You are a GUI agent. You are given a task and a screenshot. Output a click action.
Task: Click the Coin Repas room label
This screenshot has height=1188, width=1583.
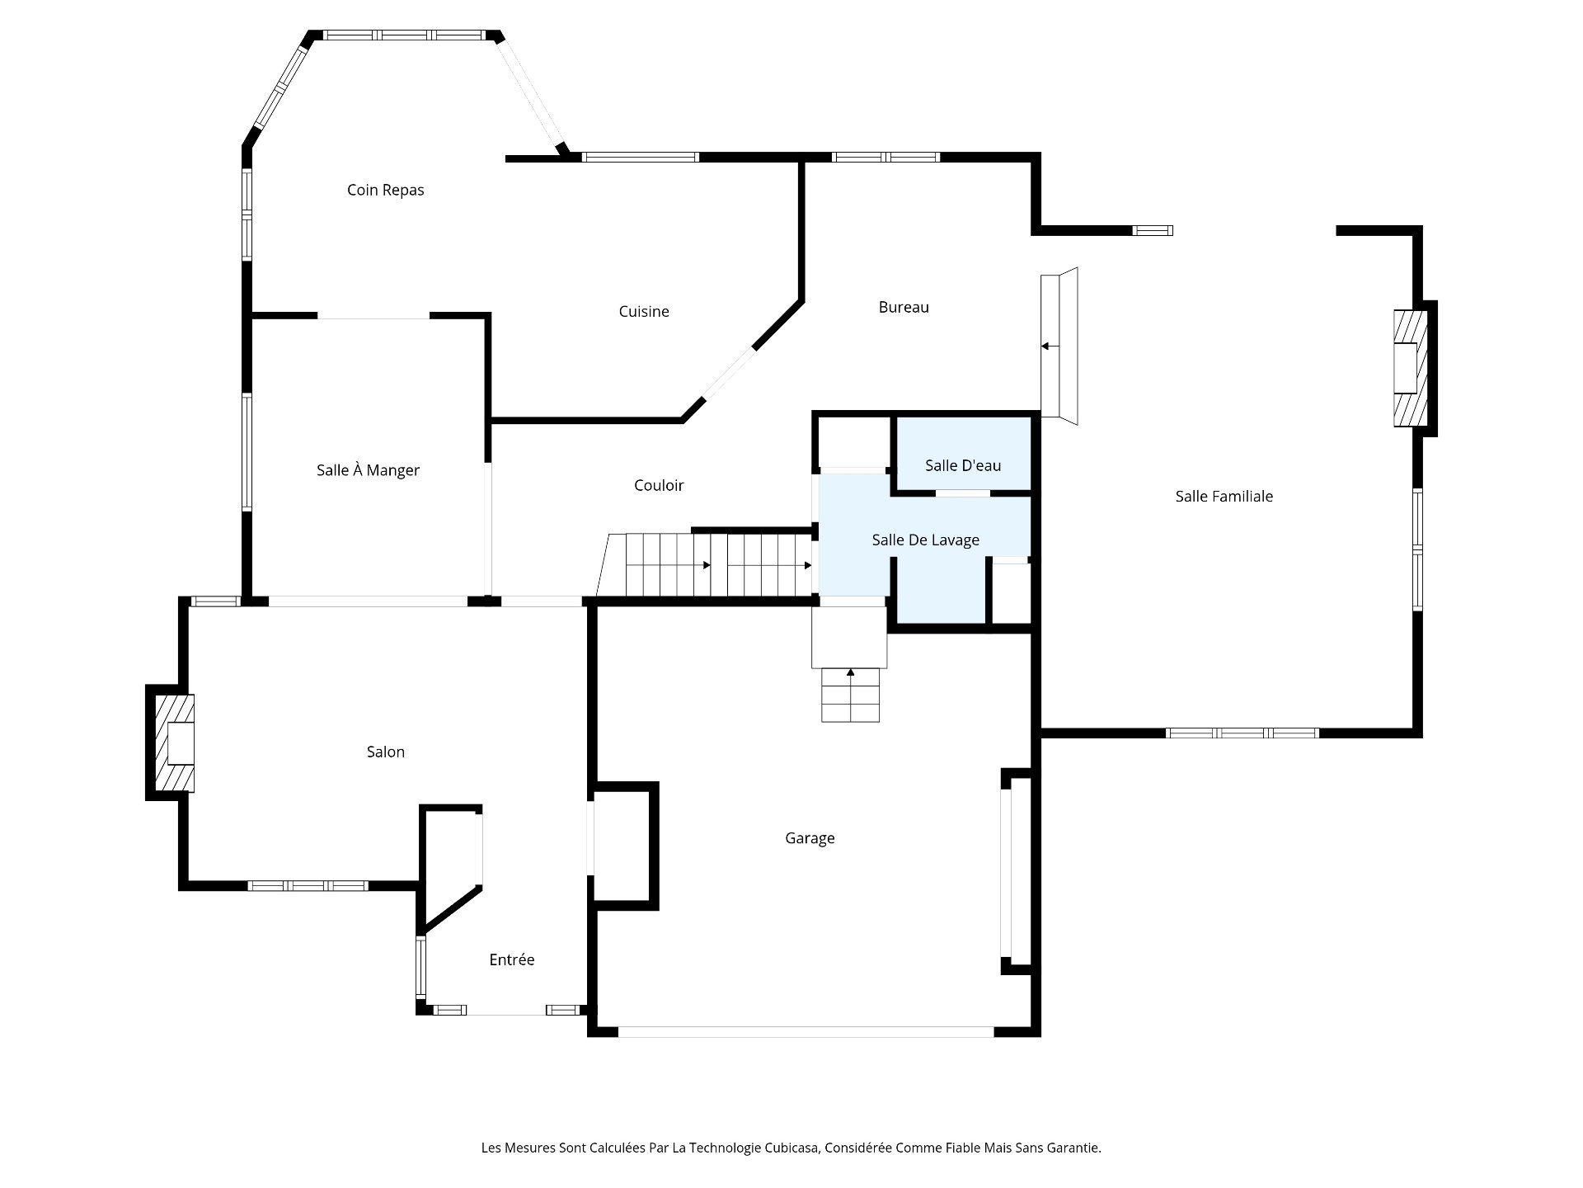(x=385, y=190)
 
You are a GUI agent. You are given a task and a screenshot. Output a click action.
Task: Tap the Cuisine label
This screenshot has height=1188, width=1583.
(x=643, y=311)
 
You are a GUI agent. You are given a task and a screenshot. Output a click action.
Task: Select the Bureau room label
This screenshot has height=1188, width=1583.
(x=904, y=307)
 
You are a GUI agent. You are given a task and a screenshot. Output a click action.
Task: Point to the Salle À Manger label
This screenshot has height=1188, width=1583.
(x=368, y=470)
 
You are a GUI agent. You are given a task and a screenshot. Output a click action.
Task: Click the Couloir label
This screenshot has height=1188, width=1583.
(x=659, y=485)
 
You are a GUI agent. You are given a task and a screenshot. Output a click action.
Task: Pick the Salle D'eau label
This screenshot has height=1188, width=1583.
(x=963, y=465)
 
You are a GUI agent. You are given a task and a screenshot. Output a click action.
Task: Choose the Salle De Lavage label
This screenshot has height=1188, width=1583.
(x=925, y=540)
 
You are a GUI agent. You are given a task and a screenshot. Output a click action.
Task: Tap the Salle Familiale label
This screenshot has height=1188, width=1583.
(x=1224, y=496)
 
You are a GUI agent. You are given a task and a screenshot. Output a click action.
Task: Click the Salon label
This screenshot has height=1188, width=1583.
(x=385, y=752)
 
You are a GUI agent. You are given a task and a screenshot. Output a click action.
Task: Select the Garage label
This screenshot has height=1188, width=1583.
(x=810, y=838)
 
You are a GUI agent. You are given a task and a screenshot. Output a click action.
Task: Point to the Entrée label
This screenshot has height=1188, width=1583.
(x=511, y=959)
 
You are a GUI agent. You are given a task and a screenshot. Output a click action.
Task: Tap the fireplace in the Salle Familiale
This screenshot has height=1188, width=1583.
(x=1410, y=367)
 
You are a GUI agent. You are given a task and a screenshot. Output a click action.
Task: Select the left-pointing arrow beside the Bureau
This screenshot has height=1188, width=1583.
(x=1047, y=346)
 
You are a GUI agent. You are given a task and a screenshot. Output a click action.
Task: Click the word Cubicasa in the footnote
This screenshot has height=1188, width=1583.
(x=792, y=1148)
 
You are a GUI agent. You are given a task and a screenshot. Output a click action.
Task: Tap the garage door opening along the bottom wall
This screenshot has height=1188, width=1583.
(x=806, y=1031)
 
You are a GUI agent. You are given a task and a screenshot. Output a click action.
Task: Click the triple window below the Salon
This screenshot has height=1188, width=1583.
(x=308, y=885)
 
